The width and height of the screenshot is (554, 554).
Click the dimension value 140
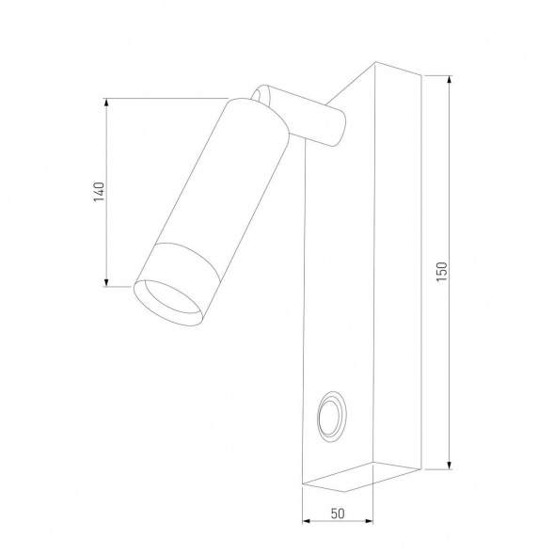pos(98,192)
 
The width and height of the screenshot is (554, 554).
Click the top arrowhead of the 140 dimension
pos(107,103)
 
